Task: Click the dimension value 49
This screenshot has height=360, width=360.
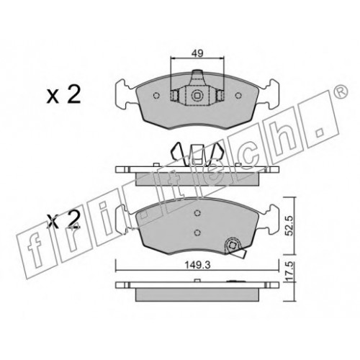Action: pos(197,53)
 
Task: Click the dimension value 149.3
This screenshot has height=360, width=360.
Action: pos(197,265)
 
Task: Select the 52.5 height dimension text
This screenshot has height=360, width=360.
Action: pos(289,225)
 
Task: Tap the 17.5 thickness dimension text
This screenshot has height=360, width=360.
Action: pos(289,271)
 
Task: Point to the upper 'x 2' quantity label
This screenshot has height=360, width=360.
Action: pos(63,95)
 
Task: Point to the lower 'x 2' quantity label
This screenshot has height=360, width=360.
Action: pos(63,219)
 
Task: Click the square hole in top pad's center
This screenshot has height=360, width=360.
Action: pos(197,96)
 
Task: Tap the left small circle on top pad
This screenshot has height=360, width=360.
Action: pos(156,96)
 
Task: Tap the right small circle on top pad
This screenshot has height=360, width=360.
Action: pos(238,96)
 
